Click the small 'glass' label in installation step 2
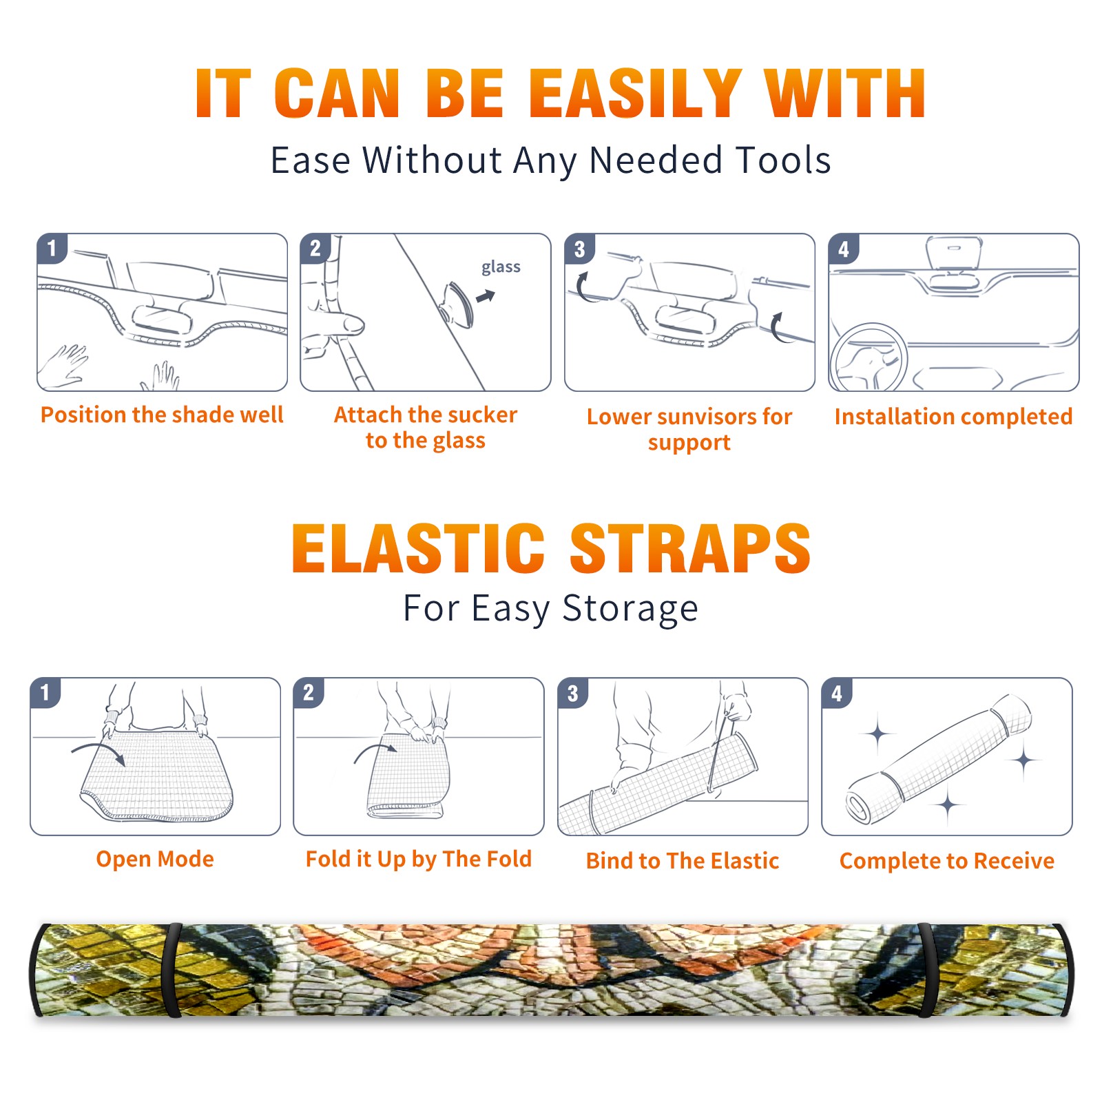(x=501, y=267)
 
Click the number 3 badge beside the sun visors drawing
(x=579, y=249)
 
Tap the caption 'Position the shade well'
(x=162, y=415)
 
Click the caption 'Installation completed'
(x=953, y=417)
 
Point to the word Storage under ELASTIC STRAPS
(x=630, y=609)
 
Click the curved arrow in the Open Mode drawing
(x=98, y=752)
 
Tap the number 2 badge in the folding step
(x=309, y=692)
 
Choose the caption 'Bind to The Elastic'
(x=683, y=861)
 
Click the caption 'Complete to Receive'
(x=947, y=861)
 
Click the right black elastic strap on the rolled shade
(x=927, y=970)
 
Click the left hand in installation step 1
(x=63, y=366)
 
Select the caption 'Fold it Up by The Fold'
(x=419, y=860)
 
